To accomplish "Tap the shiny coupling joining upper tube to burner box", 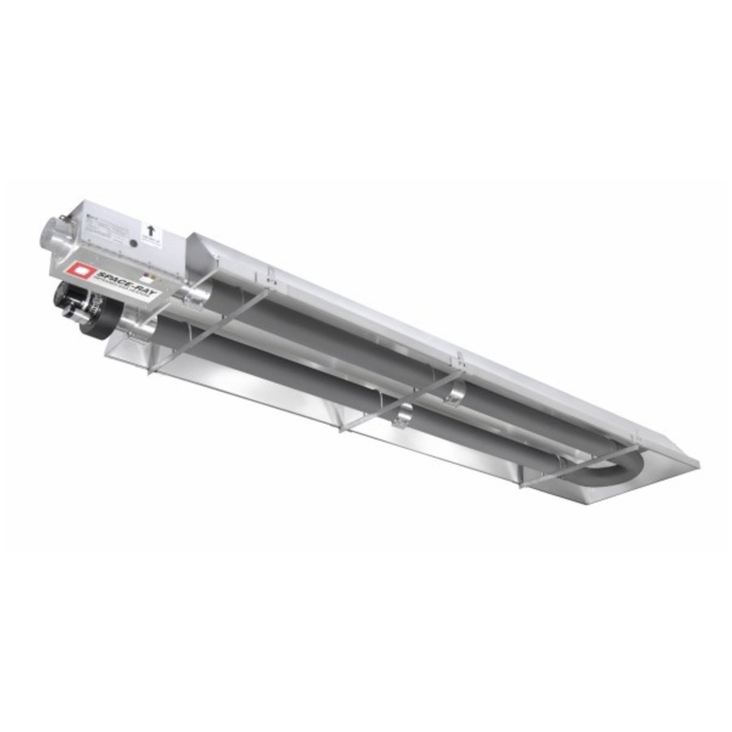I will [x=195, y=294].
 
